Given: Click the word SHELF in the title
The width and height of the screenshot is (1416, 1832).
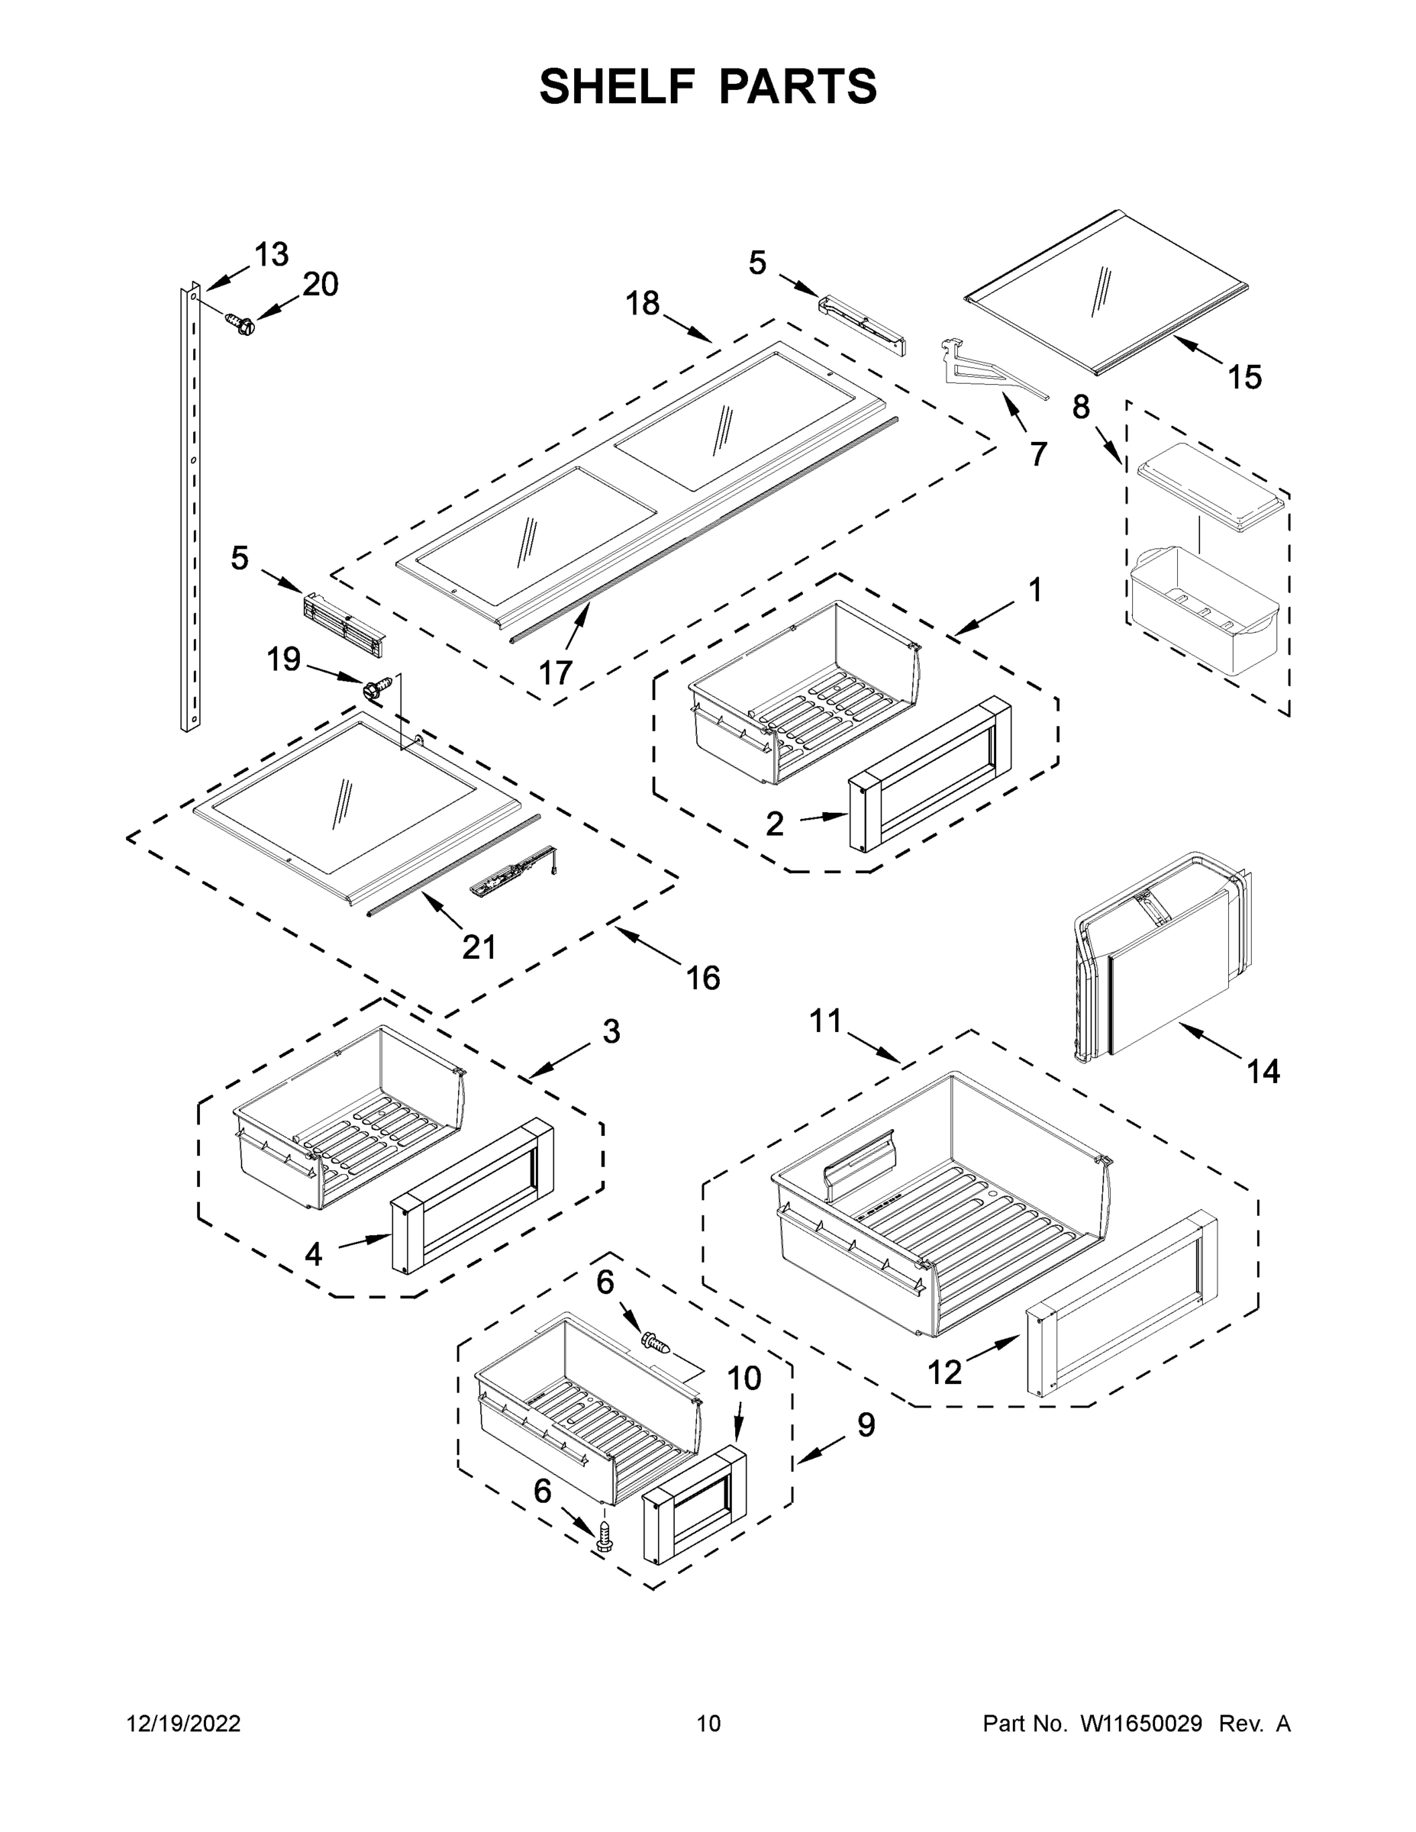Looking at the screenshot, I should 617,86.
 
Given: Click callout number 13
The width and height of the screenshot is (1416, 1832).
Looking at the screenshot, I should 271,254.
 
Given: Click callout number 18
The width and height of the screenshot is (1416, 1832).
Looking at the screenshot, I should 643,303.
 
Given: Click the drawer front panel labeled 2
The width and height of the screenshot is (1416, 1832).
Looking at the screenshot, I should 930,772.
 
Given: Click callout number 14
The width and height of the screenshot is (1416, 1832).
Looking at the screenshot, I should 1263,1071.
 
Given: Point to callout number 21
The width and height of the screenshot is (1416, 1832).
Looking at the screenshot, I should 479,947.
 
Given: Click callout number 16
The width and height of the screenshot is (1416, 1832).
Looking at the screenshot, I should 703,977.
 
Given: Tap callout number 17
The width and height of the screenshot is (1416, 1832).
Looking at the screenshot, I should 555,672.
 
